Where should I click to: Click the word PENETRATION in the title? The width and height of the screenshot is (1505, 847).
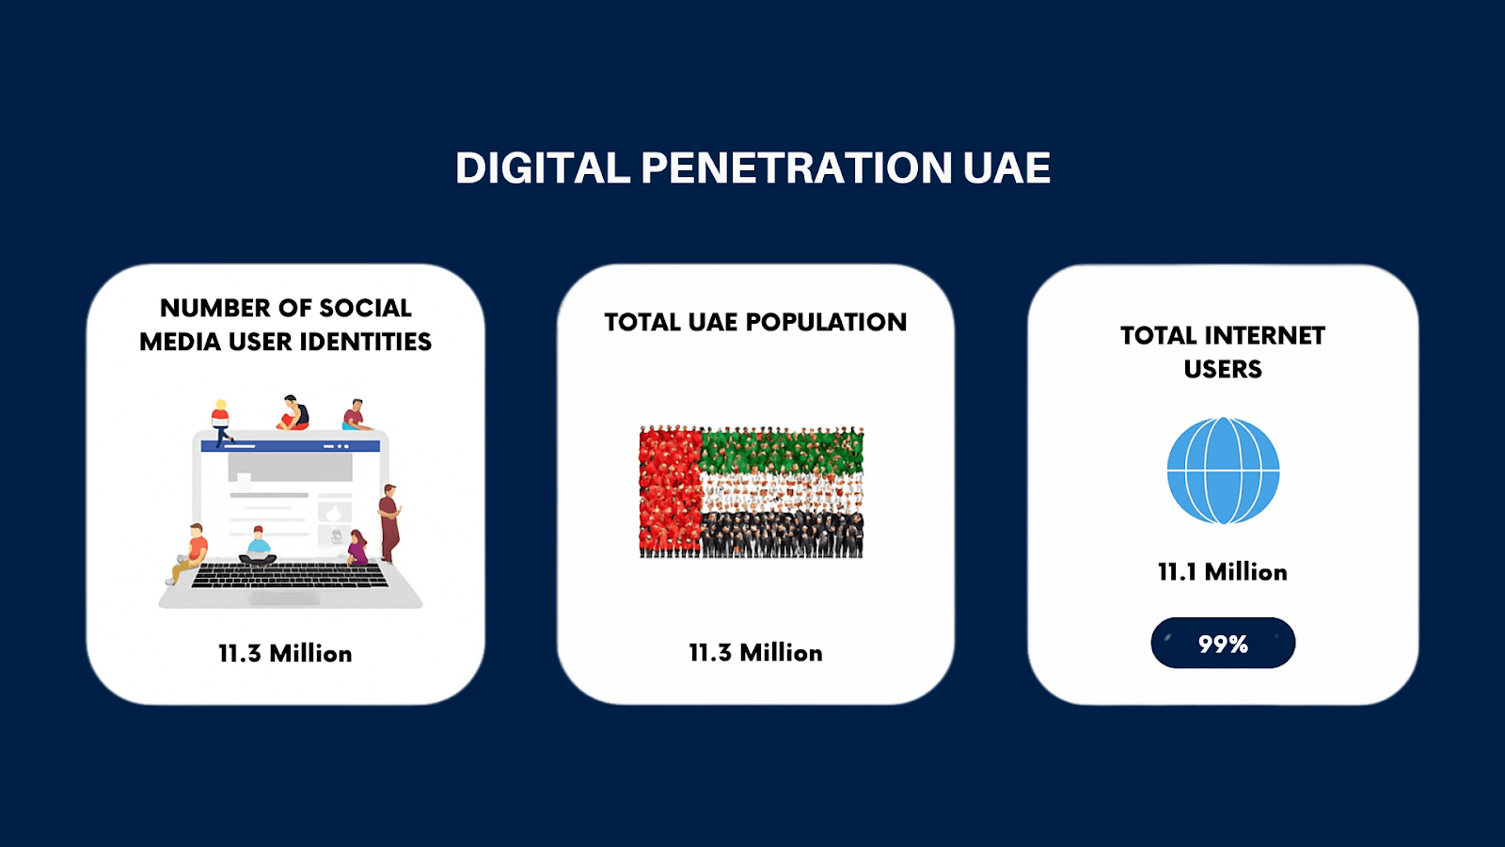[x=796, y=168]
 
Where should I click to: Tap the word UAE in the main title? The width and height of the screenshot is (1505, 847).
[x=1006, y=168]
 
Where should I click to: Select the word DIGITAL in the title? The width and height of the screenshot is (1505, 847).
[x=543, y=168]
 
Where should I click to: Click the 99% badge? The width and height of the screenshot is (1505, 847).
[x=1223, y=644]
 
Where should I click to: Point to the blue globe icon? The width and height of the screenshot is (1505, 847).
[x=1223, y=471]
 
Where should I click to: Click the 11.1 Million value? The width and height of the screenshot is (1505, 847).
[x=1223, y=572]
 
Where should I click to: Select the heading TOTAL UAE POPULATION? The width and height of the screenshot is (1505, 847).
[x=755, y=322]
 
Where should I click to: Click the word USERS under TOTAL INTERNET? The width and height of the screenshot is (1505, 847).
[x=1223, y=369]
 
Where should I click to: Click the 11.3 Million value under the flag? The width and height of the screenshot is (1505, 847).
[x=756, y=653]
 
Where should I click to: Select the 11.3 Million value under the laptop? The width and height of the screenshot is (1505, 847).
[x=285, y=653]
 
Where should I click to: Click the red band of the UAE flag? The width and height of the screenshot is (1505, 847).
[x=670, y=492]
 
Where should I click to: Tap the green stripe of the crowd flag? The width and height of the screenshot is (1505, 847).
[x=782, y=449]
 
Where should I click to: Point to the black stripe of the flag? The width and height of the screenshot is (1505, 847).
[x=782, y=535]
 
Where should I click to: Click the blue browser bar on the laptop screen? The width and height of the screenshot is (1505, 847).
[x=291, y=446]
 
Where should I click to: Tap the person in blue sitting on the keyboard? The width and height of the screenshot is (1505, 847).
[x=258, y=546]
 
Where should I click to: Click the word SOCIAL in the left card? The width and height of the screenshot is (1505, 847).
[x=365, y=308]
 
